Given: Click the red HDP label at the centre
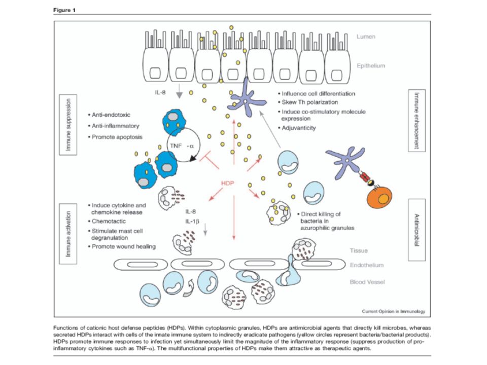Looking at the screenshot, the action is [227, 183].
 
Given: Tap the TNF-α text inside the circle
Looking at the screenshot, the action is [182, 145].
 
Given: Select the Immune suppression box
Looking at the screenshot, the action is [68, 125].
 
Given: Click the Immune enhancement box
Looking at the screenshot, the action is [416, 121].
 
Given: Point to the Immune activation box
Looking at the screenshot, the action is [68, 234].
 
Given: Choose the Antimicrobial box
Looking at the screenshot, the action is [416, 230].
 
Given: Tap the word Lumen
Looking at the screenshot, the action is [366, 36].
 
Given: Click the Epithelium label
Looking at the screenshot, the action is [371, 66].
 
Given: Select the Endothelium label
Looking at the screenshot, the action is [366, 265].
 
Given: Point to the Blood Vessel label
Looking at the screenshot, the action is [367, 282].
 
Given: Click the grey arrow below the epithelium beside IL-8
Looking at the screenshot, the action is [179, 91].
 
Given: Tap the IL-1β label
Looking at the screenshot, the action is [192, 222].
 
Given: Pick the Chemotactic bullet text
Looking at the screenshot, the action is [107, 222].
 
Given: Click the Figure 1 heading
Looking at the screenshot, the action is [64, 10].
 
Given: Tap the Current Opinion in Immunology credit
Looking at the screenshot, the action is [394, 311].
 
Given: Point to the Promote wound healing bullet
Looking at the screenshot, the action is [122, 247].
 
